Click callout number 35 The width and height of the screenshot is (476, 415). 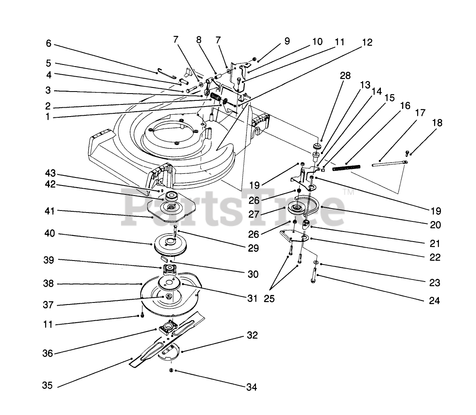(x=47, y=386)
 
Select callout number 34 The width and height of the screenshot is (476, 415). (x=251, y=388)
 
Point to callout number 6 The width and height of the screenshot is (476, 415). (x=48, y=44)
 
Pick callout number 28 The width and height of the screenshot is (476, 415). (x=345, y=76)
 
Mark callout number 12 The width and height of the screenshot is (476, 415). (x=367, y=42)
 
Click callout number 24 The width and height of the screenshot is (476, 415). (x=434, y=300)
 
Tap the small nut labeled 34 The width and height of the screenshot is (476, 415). (x=171, y=370)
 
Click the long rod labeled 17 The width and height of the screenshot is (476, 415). (x=389, y=163)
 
